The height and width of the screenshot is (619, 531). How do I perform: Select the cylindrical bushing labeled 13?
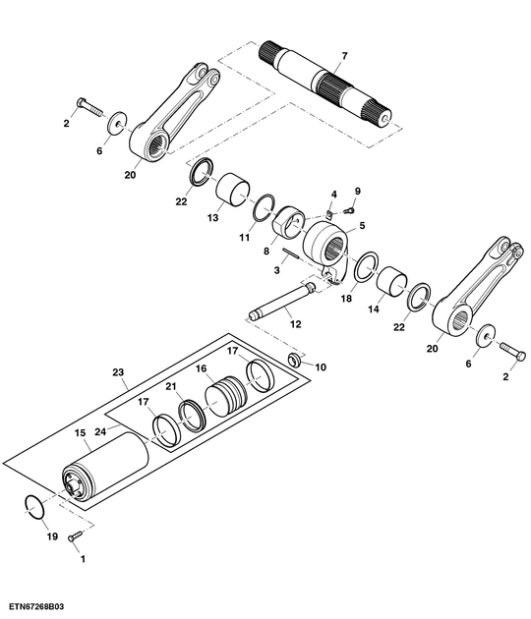pos(235,189)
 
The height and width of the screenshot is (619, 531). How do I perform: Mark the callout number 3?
pos(278,270)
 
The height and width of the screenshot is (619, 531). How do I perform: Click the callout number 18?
pos(344,298)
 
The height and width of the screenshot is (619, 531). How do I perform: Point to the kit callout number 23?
pos(119,373)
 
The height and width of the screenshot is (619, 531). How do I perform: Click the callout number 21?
pos(170,386)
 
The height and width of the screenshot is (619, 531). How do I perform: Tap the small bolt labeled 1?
pos(75,537)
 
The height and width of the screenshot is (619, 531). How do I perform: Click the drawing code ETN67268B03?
pos(39,609)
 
